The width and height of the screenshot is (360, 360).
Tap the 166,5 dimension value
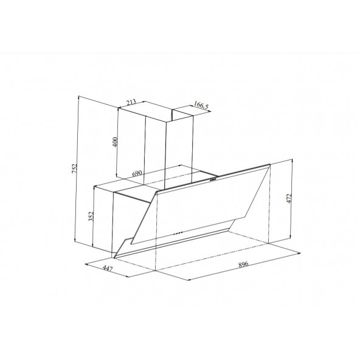tap(201, 106)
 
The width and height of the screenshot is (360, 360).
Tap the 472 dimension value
tap(297, 200)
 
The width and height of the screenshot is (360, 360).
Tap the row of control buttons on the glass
tap(178, 232)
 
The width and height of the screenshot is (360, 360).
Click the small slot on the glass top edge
tap(213, 179)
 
